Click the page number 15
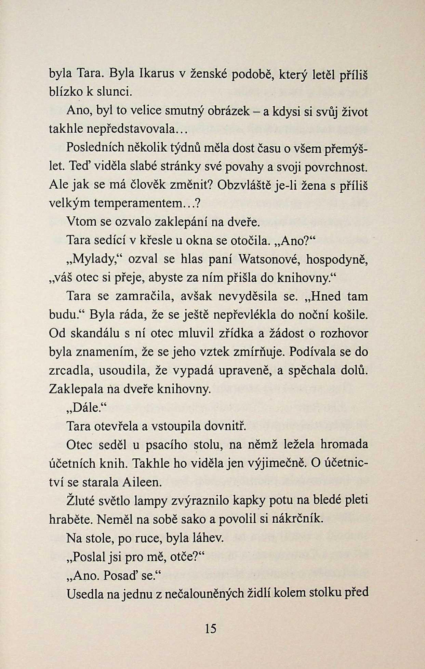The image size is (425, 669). coord(211,628)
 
